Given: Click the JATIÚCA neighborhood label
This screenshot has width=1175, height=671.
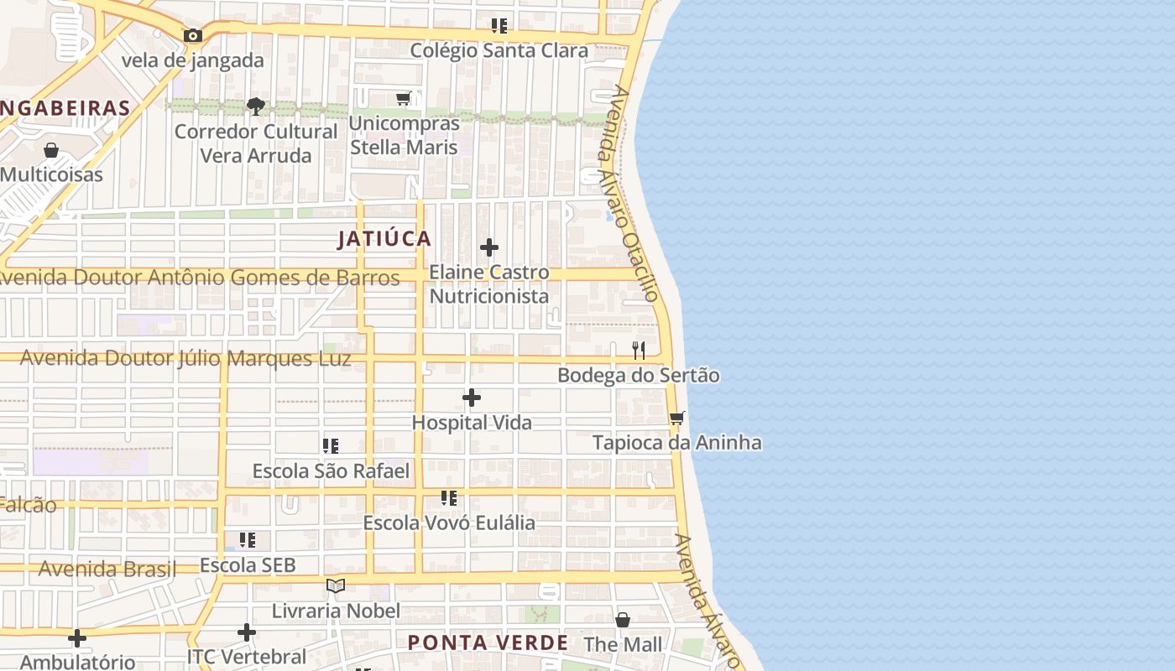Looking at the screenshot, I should (384, 239).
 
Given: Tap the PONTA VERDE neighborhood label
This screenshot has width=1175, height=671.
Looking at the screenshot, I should (488, 643).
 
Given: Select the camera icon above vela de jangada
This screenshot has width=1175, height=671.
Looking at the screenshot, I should (193, 35).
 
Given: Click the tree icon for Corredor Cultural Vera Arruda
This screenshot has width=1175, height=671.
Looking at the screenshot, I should (256, 106).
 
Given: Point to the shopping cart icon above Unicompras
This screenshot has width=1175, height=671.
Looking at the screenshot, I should (404, 99).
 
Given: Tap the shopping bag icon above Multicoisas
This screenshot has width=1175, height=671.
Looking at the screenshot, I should (51, 150).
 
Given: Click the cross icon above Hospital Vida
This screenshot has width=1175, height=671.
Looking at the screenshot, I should (472, 398).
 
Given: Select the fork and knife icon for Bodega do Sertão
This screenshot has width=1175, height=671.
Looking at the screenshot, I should (639, 351).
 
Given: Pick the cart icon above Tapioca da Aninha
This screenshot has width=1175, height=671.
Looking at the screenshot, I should (677, 418).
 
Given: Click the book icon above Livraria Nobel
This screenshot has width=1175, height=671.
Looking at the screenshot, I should (336, 585).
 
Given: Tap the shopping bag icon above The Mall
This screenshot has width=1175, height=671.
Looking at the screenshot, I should (623, 620).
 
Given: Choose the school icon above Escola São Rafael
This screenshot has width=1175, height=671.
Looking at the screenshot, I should (331, 446).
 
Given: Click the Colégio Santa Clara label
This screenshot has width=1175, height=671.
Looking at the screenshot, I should (499, 51).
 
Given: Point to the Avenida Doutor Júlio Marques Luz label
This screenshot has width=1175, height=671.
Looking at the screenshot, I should (185, 358).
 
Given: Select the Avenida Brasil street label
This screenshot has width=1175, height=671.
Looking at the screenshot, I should (107, 569).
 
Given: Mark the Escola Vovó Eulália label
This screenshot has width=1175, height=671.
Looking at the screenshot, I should (448, 523).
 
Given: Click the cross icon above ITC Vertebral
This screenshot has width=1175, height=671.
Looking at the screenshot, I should (246, 632).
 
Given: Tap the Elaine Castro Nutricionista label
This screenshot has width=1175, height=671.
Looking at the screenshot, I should (489, 284).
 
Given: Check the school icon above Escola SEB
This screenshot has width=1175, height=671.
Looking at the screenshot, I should (248, 540).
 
